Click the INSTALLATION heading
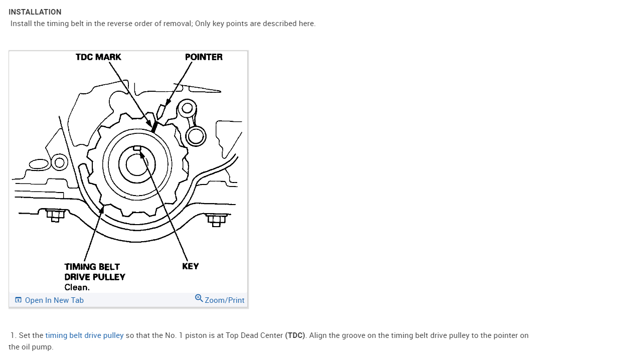point(35,12)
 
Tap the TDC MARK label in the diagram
point(98,57)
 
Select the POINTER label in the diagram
point(204,57)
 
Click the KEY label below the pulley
point(191,266)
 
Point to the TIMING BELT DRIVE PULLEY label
point(94,272)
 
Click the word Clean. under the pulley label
point(77,287)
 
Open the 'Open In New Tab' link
point(54,300)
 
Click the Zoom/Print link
point(224,300)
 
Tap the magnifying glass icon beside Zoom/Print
point(199,298)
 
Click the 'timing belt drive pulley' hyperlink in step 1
point(84,335)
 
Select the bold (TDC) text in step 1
point(295,335)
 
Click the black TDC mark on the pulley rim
point(154,127)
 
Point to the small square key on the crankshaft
point(137,148)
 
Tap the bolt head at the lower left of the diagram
point(55,215)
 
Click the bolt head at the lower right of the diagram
point(216,220)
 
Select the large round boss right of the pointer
point(195,135)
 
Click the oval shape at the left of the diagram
point(39,164)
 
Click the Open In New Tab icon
point(19,300)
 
